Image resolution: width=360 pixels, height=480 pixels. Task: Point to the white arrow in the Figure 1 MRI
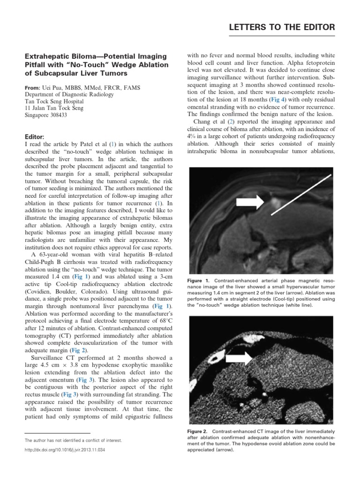click(253, 202)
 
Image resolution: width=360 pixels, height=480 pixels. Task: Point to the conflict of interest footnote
click(73, 441)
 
